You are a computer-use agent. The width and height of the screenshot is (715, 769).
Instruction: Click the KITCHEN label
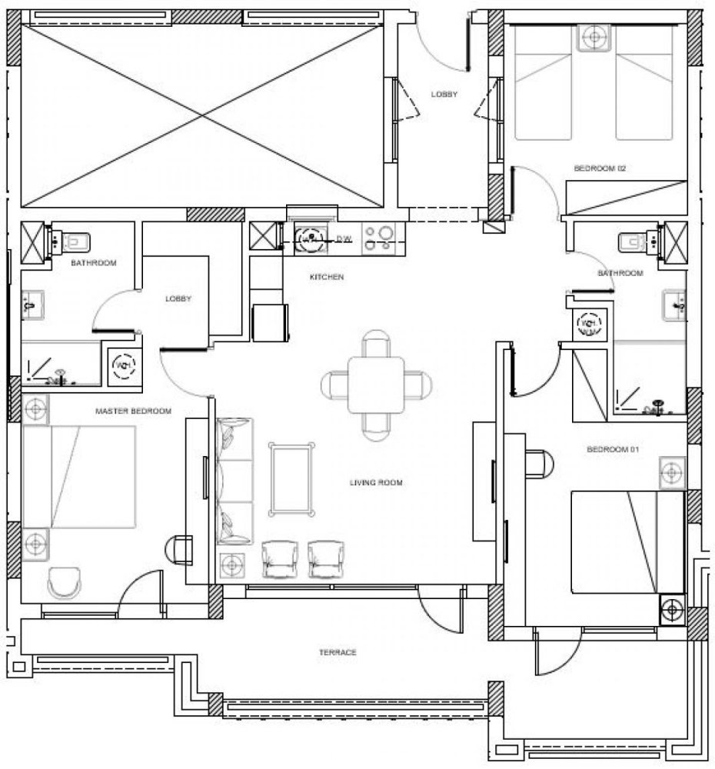coord(326,276)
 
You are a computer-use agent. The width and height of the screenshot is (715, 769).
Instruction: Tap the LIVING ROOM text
coord(376,483)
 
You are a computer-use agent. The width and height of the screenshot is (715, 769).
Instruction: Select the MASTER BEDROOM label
coord(133,411)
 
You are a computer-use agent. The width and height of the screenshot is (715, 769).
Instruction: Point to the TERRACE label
coord(338,652)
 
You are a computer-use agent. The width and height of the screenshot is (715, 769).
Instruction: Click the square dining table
coord(376,384)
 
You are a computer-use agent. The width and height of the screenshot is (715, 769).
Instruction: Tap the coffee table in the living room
coord(291,478)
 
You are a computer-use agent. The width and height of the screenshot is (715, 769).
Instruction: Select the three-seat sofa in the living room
coord(235,481)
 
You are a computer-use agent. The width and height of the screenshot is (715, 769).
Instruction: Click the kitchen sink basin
coord(311,238)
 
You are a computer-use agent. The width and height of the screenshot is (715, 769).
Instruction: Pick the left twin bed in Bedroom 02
coord(544,85)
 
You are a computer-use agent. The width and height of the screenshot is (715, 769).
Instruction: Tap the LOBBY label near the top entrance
coord(444,95)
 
